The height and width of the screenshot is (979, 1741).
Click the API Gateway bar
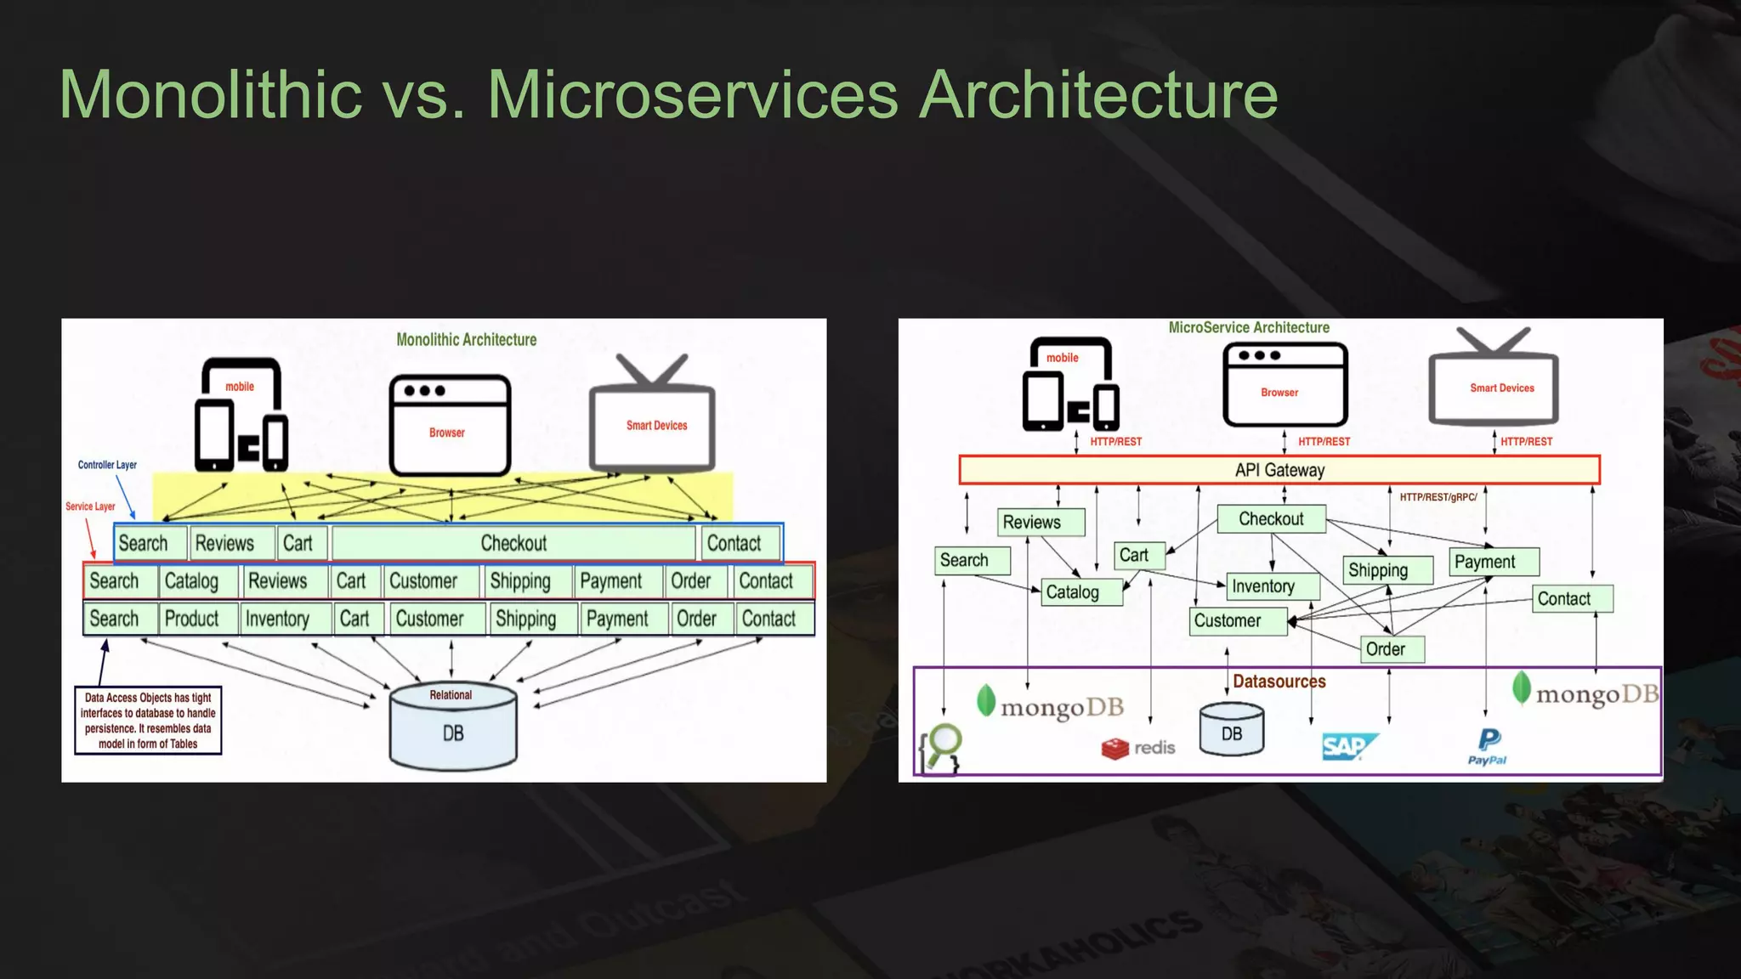click(1279, 470)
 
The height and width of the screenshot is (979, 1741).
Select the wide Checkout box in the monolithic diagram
click(513, 544)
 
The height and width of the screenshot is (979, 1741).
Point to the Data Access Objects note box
click(148, 721)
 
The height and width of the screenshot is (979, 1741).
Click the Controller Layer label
click(107, 465)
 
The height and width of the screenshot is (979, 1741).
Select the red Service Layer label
click(90, 506)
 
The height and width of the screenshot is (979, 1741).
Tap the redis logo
click(1138, 748)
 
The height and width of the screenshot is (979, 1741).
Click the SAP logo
click(1348, 746)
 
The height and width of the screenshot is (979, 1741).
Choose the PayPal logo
click(1488, 746)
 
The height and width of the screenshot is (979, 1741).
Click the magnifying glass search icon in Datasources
click(942, 745)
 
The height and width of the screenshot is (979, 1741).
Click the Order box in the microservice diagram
click(1391, 649)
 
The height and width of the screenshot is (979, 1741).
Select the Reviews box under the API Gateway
click(1040, 522)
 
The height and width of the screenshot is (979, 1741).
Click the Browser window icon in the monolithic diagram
click(450, 425)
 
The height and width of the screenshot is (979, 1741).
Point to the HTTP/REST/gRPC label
click(1438, 497)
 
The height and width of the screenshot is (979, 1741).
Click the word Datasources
click(1279, 682)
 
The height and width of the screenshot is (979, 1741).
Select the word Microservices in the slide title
click(692, 94)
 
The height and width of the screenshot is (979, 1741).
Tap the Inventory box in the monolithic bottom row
click(283, 619)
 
